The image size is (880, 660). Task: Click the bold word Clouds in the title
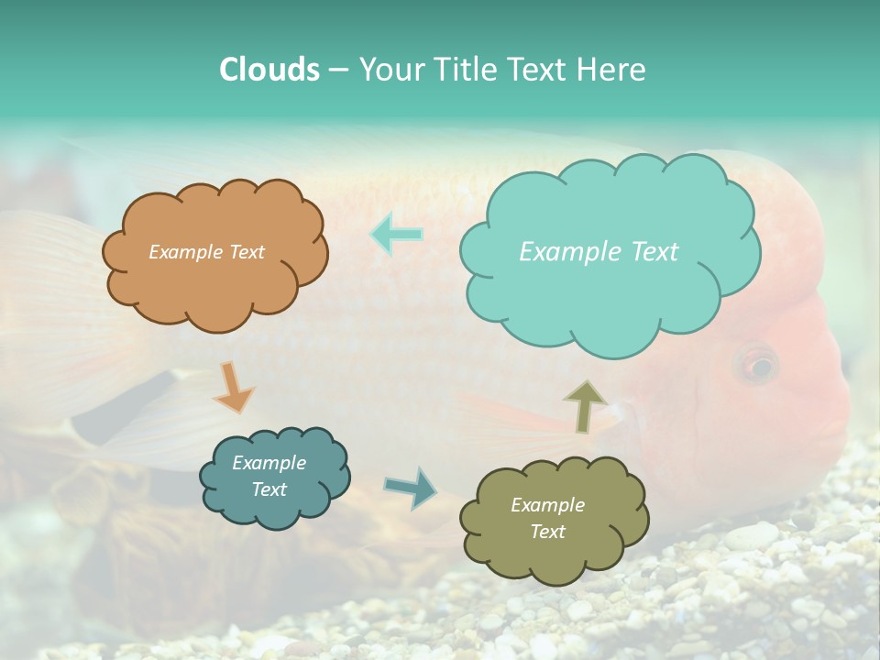click(269, 70)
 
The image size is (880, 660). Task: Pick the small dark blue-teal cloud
click(273, 477)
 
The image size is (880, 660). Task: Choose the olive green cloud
click(553, 519)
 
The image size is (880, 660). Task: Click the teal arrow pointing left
click(397, 234)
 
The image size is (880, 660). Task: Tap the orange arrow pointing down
click(233, 387)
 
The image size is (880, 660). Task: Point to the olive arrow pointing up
click(584, 405)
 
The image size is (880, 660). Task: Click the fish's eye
click(757, 366)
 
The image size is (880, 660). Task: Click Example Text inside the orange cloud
click(206, 252)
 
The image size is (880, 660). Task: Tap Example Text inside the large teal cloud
click(599, 252)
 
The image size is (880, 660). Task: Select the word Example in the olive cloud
click(547, 505)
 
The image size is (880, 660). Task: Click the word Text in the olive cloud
click(547, 532)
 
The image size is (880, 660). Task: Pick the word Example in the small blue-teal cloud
click(269, 463)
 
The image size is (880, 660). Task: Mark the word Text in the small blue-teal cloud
click(269, 489)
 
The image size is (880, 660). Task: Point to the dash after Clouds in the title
click(337, 71)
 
